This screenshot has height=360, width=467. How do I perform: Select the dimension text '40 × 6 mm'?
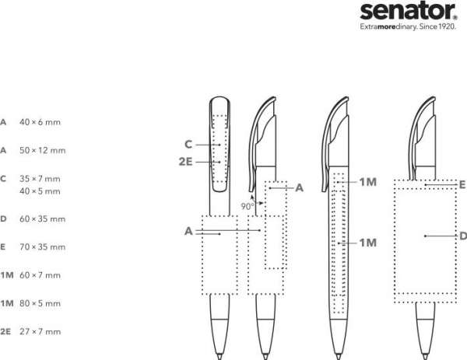click(x=40, y=122)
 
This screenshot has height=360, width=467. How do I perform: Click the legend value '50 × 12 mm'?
click(x=42, y=150)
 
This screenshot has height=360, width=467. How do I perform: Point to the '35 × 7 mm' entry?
click(x=40, y=178)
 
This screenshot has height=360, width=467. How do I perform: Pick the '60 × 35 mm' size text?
click(x=42, y=218)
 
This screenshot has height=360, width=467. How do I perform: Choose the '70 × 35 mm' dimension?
click(x=42, y=246)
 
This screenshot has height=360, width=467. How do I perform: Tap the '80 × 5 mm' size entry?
click(x=40, y=302)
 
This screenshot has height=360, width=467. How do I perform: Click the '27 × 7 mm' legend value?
click(x=40, y=331)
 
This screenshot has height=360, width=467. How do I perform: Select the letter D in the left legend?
click(x=4, y=218)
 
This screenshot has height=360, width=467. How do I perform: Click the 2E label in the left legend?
click(x=5, y=331)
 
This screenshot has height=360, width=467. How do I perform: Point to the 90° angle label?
click(x=247, y=206)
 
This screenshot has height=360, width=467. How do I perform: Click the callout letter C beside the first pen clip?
click(x=188, y=144)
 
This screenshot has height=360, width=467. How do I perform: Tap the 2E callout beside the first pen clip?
click(x=185, y=162)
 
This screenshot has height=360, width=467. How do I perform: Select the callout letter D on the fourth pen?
click(x=462, y=236)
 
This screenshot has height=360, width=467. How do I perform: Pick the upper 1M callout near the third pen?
click(x=368, y=182)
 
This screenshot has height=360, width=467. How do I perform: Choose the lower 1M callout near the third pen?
click(x=368, y=243)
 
